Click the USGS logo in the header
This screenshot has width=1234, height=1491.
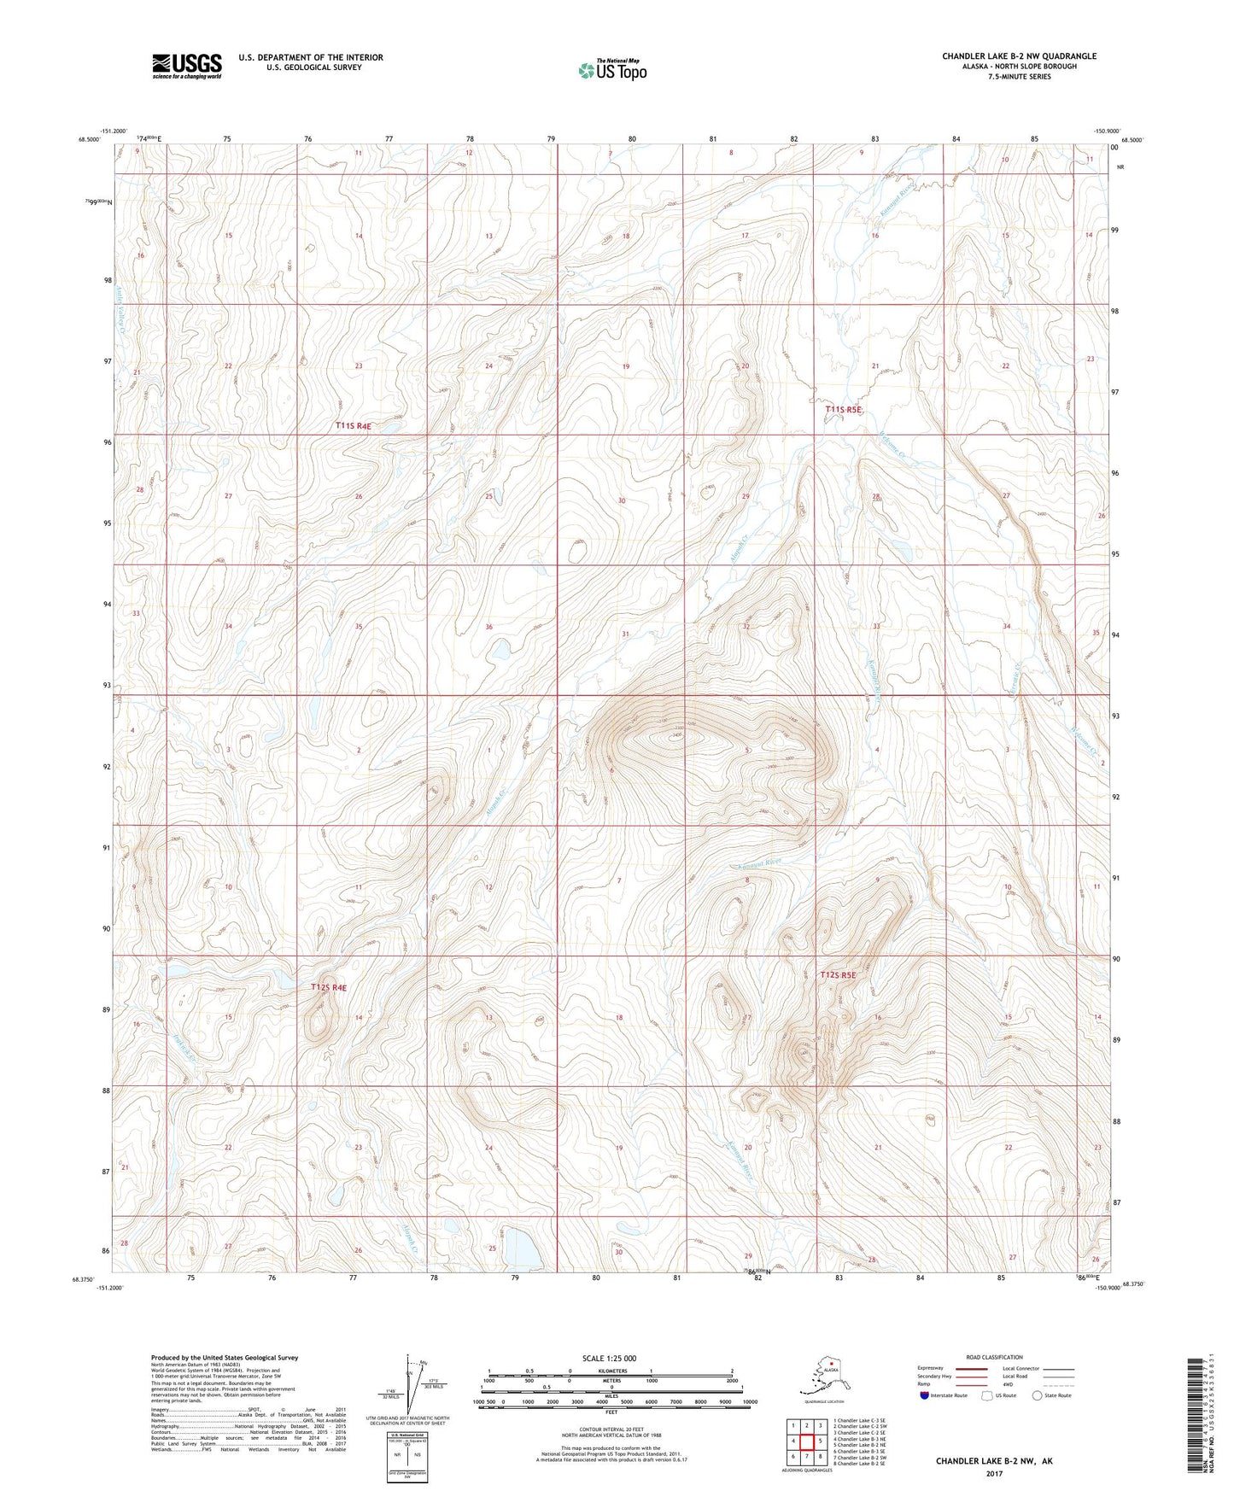tap(186, 66)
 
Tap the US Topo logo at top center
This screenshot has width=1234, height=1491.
tap(611, 69)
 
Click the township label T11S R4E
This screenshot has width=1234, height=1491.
tap(353, 425)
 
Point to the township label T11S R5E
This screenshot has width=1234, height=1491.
tap(844, 410)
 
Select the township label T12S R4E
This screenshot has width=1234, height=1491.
tap(329, 987)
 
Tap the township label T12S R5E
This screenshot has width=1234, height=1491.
tap(838, 974)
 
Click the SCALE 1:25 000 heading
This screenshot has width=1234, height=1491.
tap(611, 1359)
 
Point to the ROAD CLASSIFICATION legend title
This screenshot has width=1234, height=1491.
tap(994, 1357)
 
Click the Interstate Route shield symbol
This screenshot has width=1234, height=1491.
tap(925, 1395)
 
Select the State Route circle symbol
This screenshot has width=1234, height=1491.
tap(1038, 1395)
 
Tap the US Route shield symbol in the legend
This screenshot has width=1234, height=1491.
tap(988, 1395)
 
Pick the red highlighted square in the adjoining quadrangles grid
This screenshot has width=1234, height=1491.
tap(806, 1441)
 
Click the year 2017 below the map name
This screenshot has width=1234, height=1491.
tap(994, 1473)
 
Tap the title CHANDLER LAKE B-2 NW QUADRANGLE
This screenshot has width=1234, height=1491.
tap(1019, 56)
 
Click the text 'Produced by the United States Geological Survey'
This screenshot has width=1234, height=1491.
tap(225, 1358)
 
